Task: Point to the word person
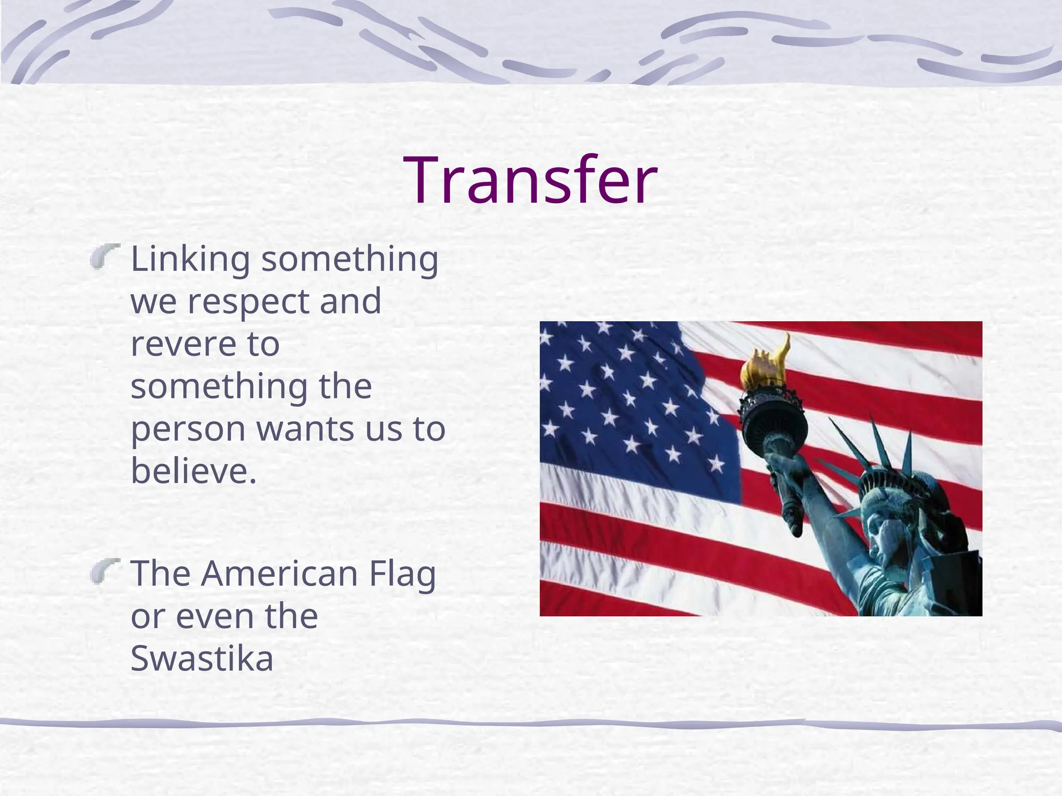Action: click(x=188, y=430)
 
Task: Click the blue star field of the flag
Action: click(x=622, y=394)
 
